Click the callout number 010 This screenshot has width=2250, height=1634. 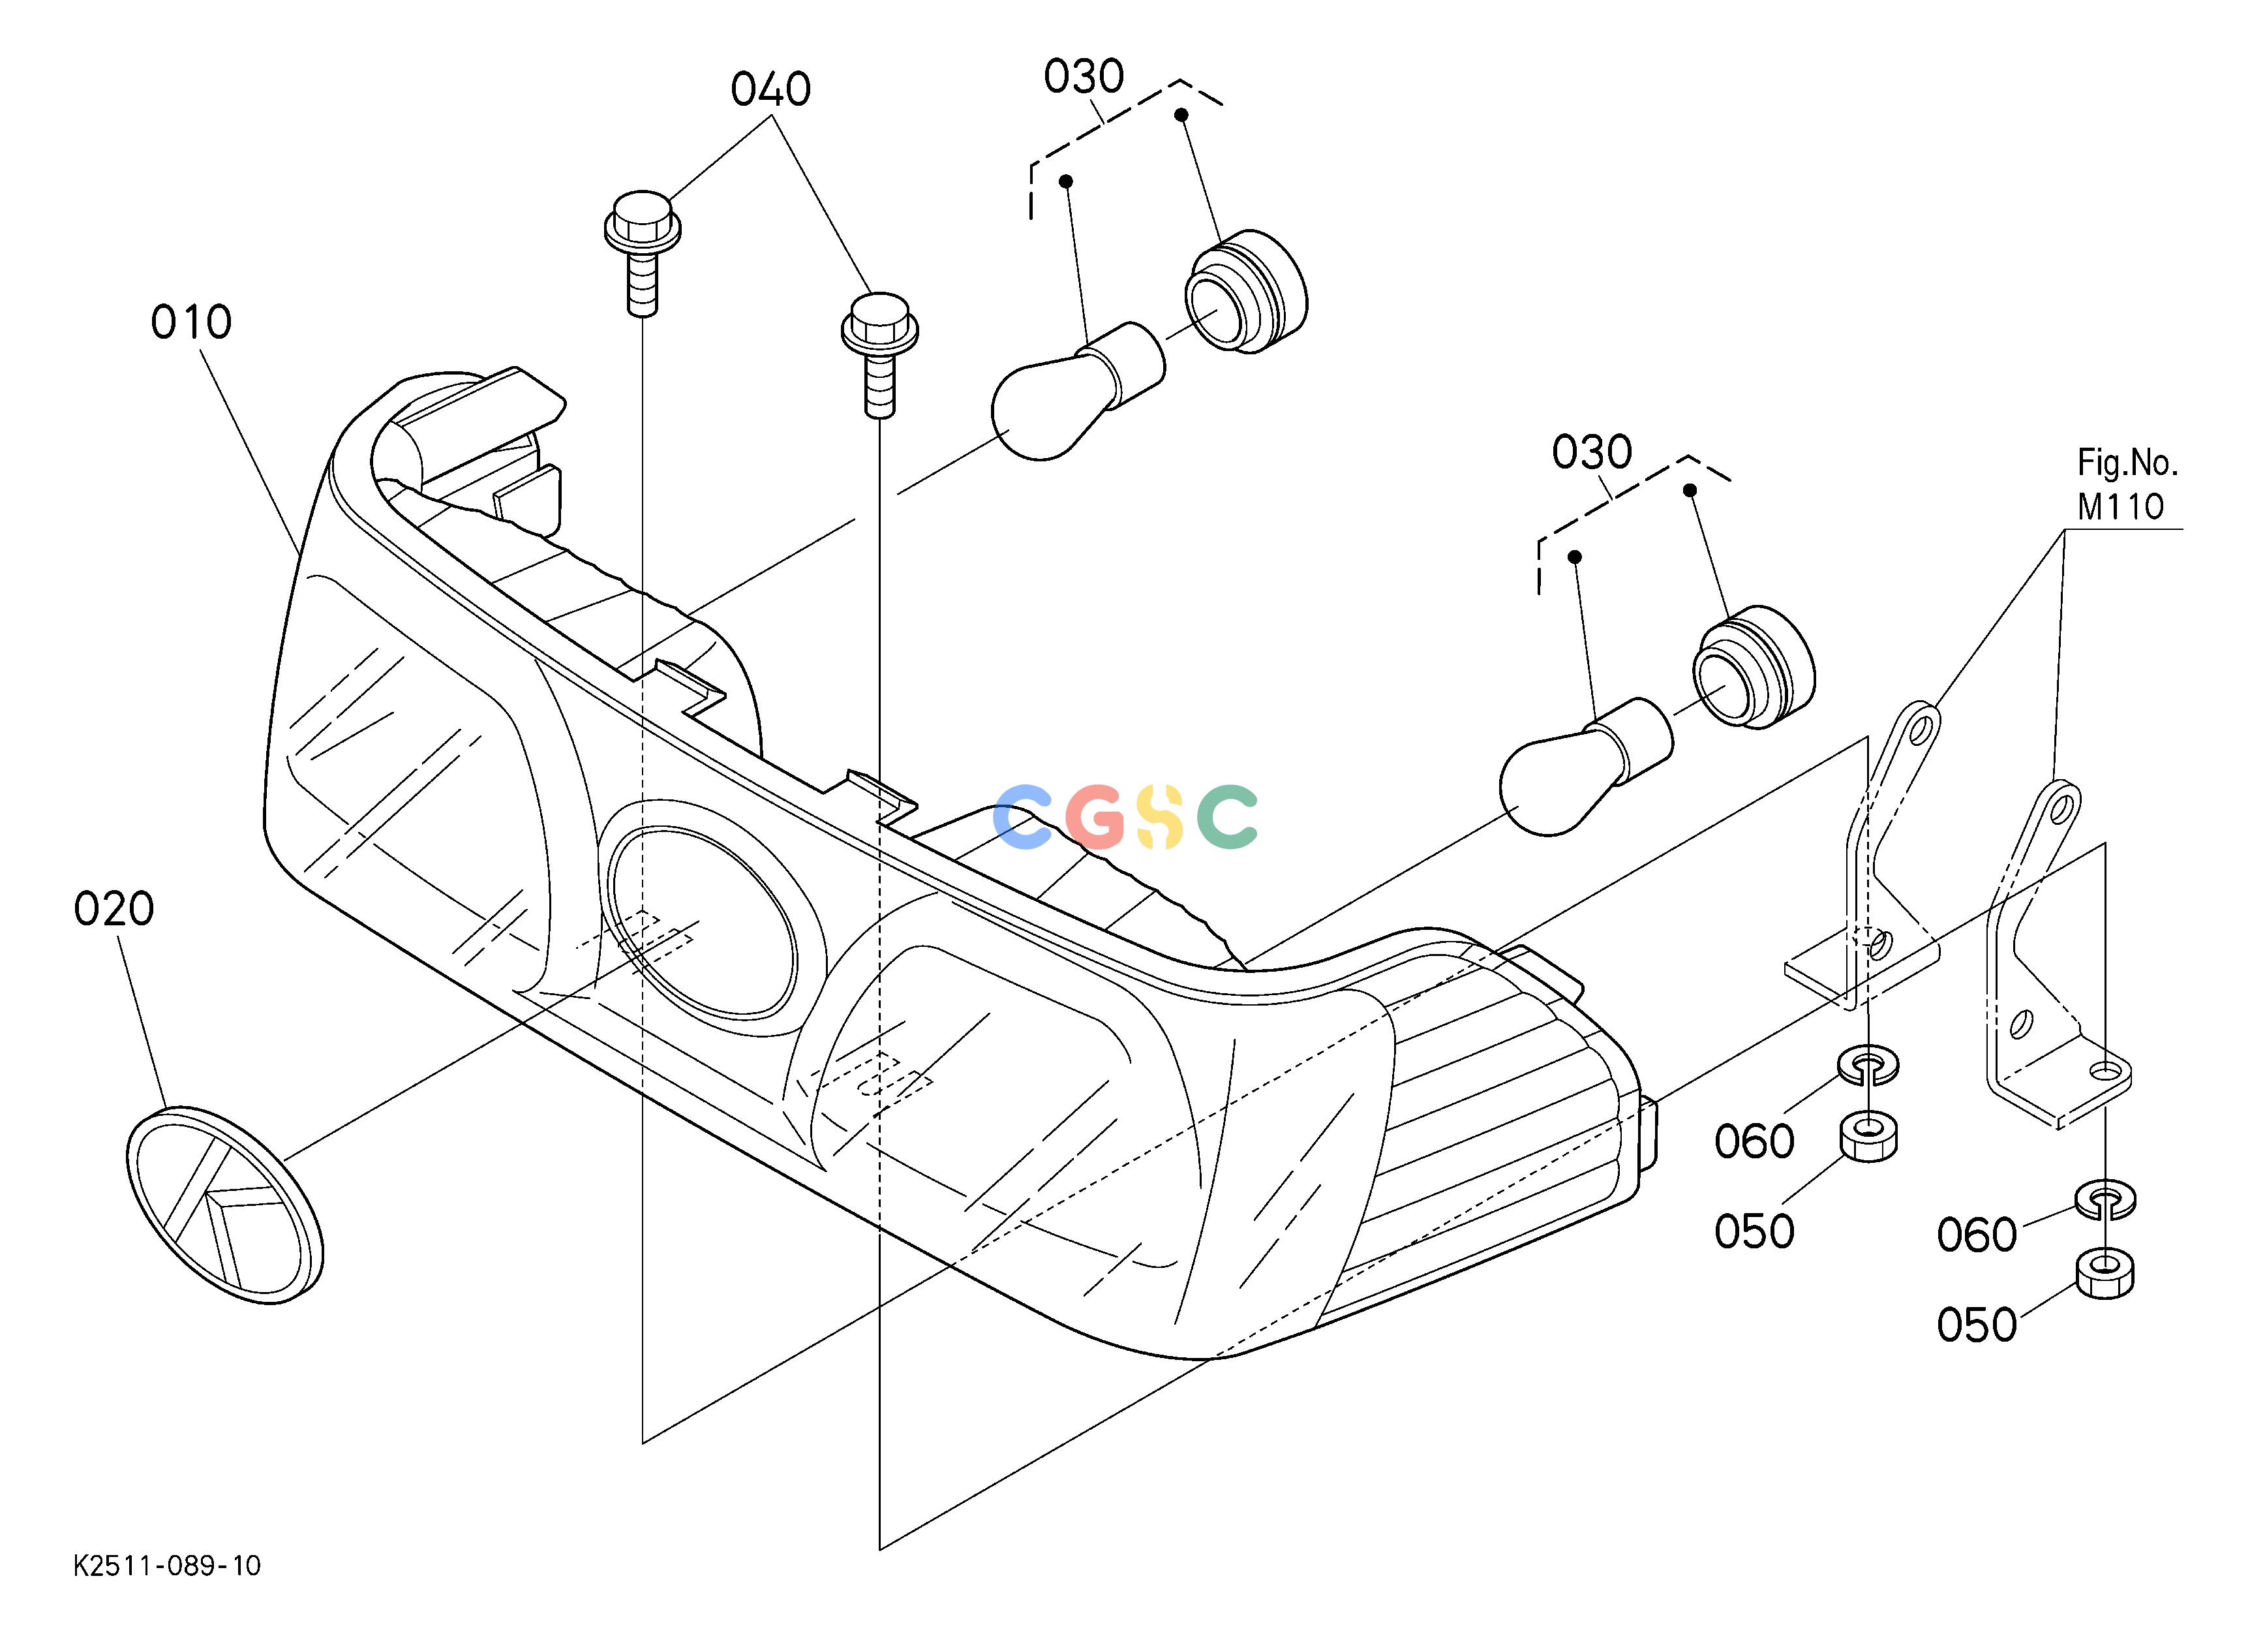tap(191, 322)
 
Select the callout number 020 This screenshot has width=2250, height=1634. tap(114, 909)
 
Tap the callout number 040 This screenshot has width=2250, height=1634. tap(771, 89)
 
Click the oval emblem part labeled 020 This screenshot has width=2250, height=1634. tap(225, 1205)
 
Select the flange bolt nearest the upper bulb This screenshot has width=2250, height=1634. tap(879, 354)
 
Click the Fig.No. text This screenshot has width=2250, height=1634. tap(2127, 462)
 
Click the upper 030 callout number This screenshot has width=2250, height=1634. tap(1084, 76)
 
